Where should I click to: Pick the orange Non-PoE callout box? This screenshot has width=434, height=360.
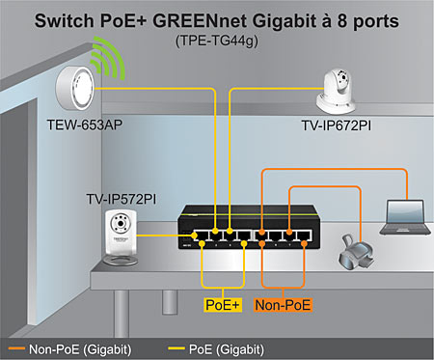(x=283, y=305)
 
